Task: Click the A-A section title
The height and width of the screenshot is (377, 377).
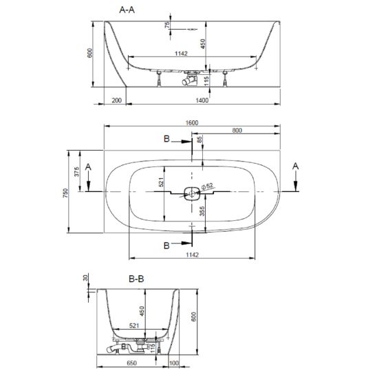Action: (127, 10)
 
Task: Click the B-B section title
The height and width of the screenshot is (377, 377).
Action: (136, 279)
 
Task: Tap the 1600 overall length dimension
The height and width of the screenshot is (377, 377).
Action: (192, 123)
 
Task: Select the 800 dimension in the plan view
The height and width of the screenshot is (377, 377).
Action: (237, 130)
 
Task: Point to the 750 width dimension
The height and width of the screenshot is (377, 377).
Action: (65, 193)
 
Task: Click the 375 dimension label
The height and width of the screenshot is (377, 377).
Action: (76, 172)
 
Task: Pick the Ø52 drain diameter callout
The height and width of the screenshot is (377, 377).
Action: (206, 186)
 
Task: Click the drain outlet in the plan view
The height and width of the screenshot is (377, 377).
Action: (192, 193)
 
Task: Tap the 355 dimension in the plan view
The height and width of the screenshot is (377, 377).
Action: (202, 211)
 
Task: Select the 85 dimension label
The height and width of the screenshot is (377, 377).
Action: (200, 140)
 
